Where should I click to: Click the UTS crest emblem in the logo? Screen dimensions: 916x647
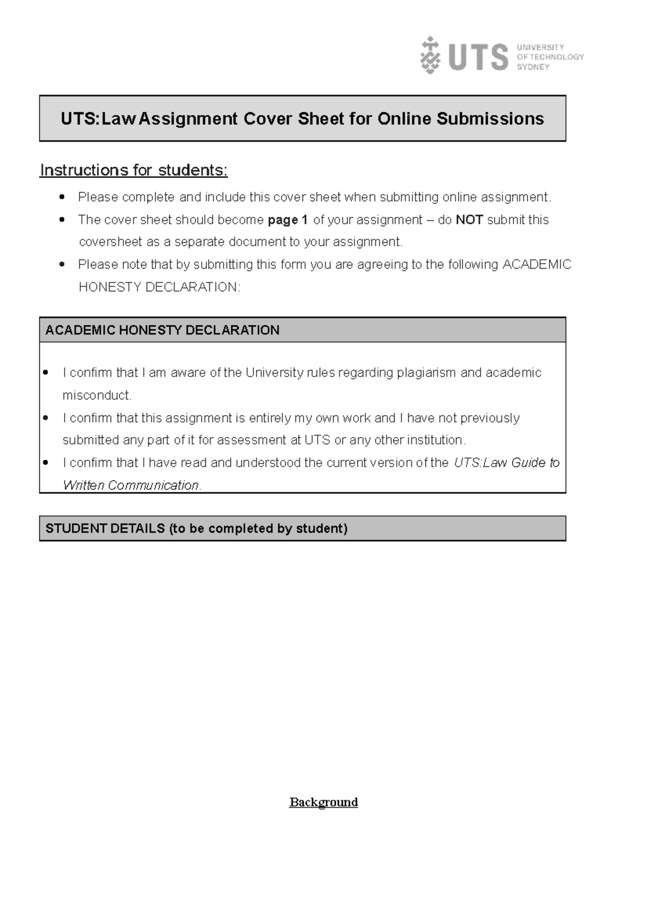pos(430,55)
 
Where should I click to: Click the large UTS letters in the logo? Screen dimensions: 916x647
pos(478,57)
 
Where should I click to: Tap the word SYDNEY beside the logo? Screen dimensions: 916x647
pos(533,67)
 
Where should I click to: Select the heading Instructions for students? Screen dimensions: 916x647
pos(134,170)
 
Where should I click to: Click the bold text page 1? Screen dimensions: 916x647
pos(287,220)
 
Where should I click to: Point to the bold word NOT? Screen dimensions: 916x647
pos(469,220)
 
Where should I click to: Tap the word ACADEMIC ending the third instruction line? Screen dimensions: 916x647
pos(536,265)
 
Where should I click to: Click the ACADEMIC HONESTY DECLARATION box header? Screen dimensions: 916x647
pos(162,330)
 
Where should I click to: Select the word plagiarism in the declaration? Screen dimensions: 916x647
pos(426,373)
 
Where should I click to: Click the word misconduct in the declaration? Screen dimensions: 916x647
pos(97,395)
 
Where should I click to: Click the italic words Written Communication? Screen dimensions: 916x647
pos(131,486)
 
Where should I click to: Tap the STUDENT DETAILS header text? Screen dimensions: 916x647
pos(196,529)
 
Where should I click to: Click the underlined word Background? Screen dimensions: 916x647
pos(323,802)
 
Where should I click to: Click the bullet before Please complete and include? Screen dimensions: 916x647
pos(62,197)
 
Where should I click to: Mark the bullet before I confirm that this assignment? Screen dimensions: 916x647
pos(45,418)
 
